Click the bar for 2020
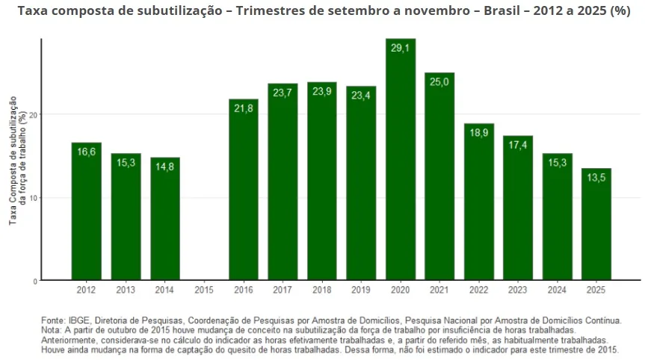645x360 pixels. coord(400,161)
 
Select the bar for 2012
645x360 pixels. coord(87,213)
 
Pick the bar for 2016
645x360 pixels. coord(244,190)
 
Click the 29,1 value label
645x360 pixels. coord(400,47)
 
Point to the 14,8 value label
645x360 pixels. coord(165,167)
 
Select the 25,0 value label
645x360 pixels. coord(439,81)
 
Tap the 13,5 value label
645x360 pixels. coord(596,177)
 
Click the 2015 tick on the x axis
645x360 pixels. coord(204,289)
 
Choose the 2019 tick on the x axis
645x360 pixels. coord(361,289)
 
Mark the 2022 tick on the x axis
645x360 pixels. coord(478,289)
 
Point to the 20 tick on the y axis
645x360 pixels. coord(33,114)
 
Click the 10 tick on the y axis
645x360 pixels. coord(33,198)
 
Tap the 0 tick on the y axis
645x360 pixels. coord(35,281)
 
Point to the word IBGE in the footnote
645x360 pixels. coord(78,320)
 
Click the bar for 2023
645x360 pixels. coord(517,209)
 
